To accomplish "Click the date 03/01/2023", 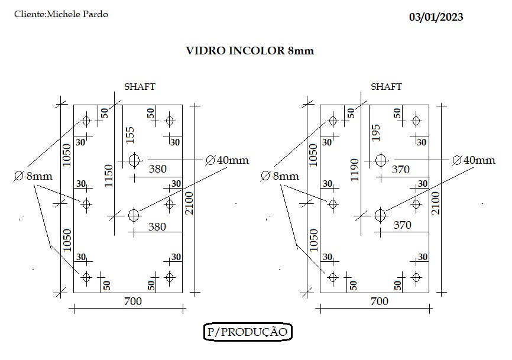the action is click(436, 17).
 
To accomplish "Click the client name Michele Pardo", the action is click(77, 14).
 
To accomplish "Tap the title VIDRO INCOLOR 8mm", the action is click(250, 51).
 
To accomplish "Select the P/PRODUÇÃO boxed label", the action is click(248, 332).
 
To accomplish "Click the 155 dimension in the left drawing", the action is click(130, 135).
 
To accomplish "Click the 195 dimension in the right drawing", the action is click(376, 132).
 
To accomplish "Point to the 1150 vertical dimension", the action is click(108, 176).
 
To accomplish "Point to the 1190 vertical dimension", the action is click(355, 170).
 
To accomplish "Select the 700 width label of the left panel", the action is click(133, 301).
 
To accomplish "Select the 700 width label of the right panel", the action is click(380, 301).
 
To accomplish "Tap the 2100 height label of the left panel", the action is click(189, 203).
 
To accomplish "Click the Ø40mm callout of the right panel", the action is click(474, 160).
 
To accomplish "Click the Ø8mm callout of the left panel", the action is click(33, 176).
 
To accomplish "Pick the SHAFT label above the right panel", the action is click(386, 86).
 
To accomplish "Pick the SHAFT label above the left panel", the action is click(140, 86).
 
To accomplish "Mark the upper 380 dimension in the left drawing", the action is click(158, 168).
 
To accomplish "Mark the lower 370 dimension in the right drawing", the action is click(402, 225).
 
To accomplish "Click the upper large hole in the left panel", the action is click(134, 160).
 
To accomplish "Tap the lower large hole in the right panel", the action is click(380, 215).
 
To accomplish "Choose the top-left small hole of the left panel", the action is click(86, 121).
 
